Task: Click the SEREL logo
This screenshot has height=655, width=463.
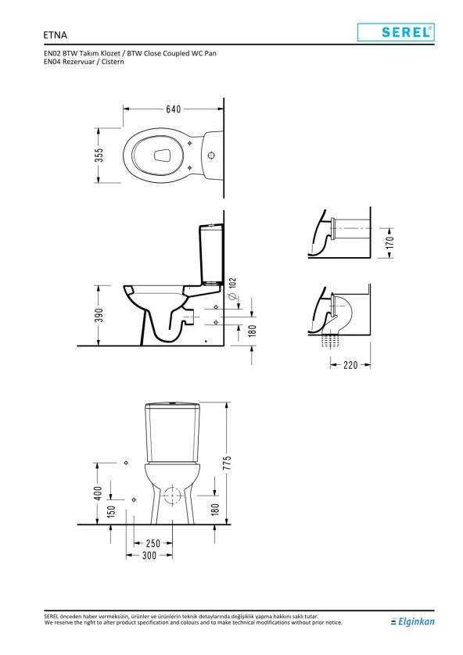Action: coord(396,32)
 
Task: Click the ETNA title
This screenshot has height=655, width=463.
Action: coord(56,34)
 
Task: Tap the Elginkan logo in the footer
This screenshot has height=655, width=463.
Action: coord(412,621)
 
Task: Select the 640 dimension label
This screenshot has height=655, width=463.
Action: coord(174,109)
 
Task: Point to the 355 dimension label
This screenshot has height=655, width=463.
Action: coord(99,155)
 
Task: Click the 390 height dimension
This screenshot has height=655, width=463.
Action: coord(99,316)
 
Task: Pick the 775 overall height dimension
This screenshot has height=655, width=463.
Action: coord(227,463)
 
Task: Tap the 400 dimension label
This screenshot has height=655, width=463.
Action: coord(99,493)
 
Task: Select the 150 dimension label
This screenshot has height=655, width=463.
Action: coord(111,511)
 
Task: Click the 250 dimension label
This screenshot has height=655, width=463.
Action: coord(153,543)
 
